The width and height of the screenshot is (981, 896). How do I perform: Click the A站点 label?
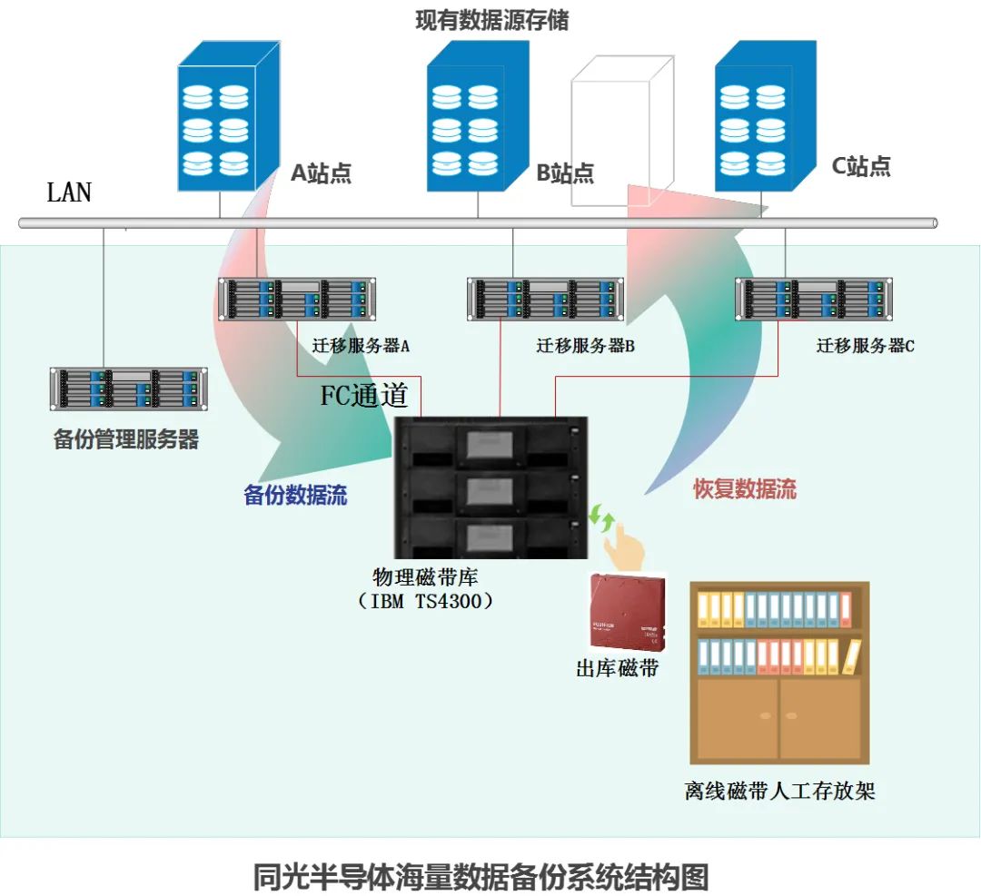point(321,172)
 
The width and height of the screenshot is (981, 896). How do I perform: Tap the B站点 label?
point(564,172)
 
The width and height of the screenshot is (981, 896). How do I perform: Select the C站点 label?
point(861,166)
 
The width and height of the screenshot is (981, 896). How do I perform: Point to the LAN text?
point(69,192)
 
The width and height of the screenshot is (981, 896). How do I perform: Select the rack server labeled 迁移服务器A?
point(297,300)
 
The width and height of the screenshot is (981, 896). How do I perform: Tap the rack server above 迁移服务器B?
point(546,300)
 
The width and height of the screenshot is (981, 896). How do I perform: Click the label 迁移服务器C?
point(865,346)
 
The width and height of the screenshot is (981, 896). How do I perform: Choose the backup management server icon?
point(128,389)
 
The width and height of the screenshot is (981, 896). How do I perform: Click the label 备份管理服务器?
point(126,440)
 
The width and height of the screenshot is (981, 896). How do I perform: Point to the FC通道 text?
point(364,396)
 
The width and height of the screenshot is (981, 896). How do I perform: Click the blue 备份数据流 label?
point(295,496)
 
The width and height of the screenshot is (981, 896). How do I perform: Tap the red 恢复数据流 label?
point(745,488)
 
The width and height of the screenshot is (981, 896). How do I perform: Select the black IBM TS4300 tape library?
point(490,487)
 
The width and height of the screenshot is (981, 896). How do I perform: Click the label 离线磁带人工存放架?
point(779,790)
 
